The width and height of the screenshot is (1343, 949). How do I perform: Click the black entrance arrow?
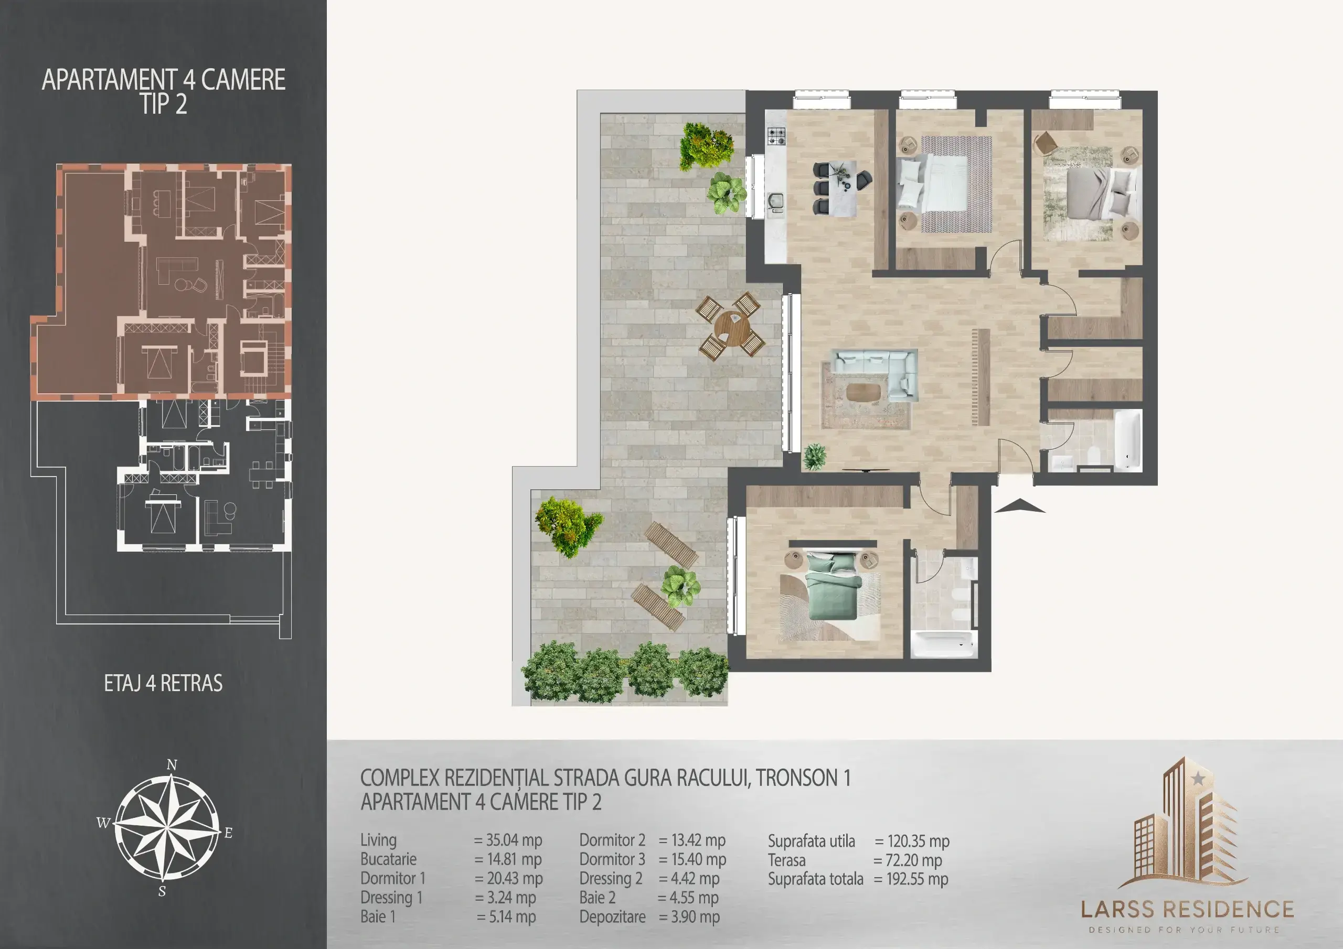(1019, 506)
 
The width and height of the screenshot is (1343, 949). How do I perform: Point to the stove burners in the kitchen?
(776, 136)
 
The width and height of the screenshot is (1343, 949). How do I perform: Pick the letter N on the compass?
(172, 765)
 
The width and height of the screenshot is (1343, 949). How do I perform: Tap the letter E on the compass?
(228, 833)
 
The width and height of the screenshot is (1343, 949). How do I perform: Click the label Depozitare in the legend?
(612, 917)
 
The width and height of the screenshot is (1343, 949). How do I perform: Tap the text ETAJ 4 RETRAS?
(163, 683)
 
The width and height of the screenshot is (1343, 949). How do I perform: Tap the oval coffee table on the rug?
(863, 392)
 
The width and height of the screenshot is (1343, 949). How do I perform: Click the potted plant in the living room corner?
(814, 457)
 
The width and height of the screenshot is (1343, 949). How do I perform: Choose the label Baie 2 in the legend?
(597, 898)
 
